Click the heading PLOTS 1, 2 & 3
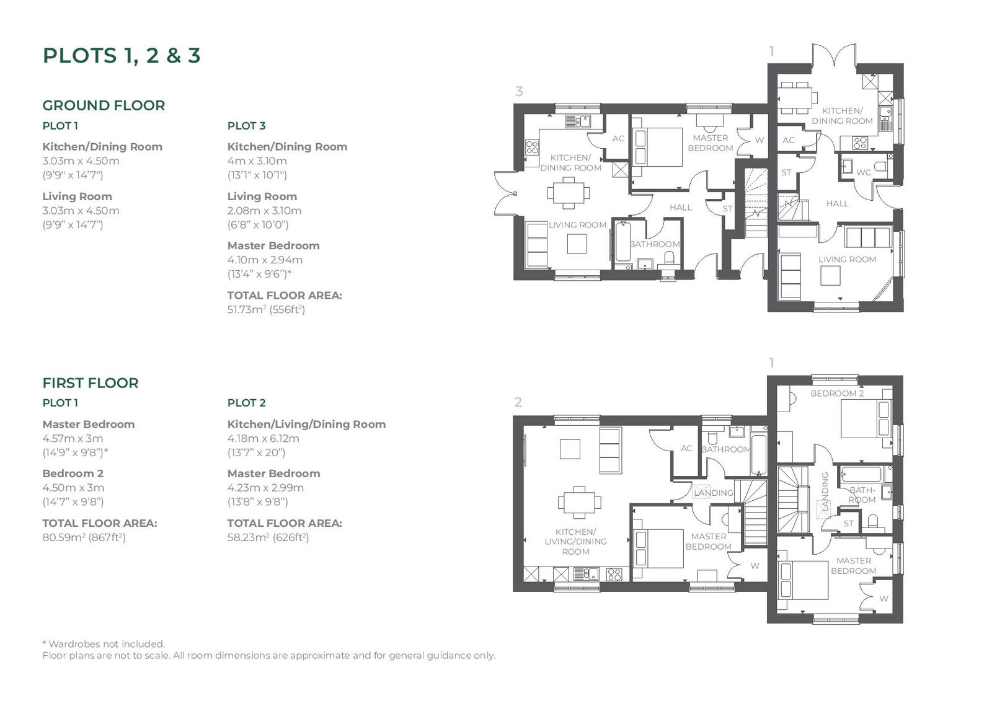122,56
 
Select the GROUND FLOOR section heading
104,105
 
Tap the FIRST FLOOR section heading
91,383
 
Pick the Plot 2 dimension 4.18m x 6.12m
263,438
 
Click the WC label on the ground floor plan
863,172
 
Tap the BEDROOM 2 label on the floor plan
837,393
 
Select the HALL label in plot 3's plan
681,207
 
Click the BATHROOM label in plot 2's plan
726,449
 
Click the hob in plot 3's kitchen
532,148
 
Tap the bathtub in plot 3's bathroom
622,242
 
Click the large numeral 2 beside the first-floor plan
518,402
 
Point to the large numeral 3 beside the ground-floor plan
519,91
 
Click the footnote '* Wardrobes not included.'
104,644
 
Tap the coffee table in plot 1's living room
830,276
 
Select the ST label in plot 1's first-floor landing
848,523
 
